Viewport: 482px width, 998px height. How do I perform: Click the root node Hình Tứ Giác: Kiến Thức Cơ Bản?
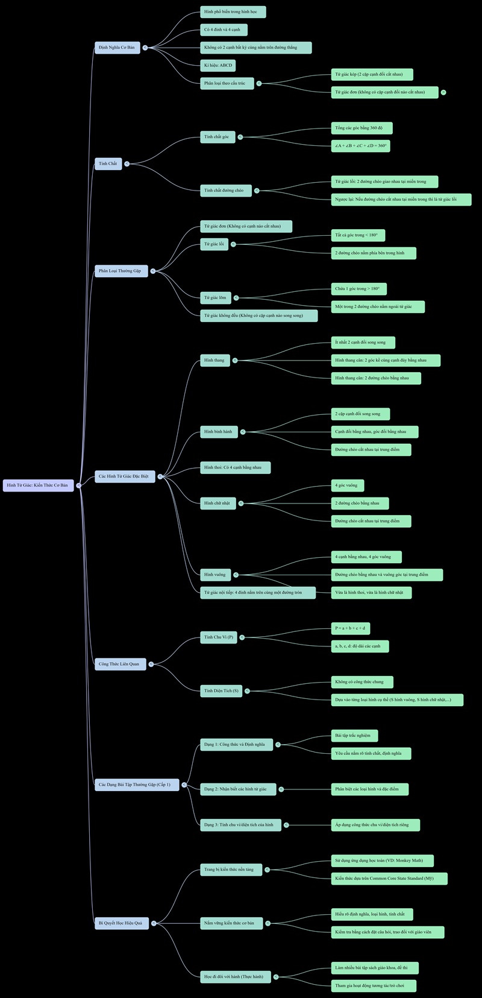[x=38, y=485]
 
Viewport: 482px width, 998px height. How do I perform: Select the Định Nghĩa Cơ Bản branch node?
[x=117, y=48]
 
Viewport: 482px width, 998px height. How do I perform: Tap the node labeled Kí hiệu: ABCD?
[x=218, y=65]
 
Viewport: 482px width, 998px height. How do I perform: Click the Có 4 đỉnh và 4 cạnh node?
[x=223, y=30]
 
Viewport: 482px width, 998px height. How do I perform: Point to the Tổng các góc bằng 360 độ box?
[x=361, y=128]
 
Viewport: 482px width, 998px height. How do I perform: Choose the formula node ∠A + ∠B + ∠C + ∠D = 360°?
[x=361, y=146]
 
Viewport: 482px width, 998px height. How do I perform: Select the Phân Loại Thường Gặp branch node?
[x=120, y=271]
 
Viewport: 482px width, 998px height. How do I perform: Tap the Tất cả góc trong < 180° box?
[x=358, y=235]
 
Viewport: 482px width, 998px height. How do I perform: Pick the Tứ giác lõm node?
[x=216, y=298]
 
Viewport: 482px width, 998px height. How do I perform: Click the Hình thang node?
[x=214, y=361]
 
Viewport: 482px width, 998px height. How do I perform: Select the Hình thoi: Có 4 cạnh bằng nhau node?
[x=235, y=467]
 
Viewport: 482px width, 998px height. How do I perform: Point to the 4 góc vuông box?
[x=347, y=485]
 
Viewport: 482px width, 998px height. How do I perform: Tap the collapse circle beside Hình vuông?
[x=236, y=575]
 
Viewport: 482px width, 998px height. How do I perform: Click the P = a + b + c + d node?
[x=350, y=628]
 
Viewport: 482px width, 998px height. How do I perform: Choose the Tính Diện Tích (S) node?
[x=221, y=691]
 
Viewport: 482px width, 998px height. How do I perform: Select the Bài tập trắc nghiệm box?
[x=354, y=736]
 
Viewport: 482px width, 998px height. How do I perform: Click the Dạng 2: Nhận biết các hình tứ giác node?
[x=237, y=789]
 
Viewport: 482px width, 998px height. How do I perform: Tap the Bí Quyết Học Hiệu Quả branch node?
[x=121, y=923]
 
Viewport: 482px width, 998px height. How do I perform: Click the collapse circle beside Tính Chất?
[x=127, y=163]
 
